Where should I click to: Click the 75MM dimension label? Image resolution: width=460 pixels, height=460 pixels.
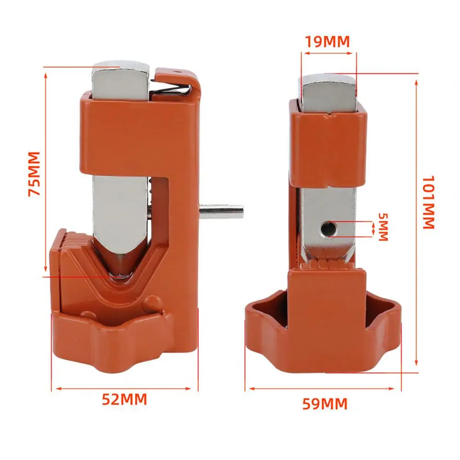[34, 173]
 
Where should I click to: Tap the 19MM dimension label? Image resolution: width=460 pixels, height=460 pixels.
[328, 41]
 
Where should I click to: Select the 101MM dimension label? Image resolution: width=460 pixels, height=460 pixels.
[428, 202]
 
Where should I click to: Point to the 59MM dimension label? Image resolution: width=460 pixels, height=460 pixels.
[324, 404]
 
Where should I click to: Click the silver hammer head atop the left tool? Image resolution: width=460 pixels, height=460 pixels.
[120, 81]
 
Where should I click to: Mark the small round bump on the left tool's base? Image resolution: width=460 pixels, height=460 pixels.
[149, 304]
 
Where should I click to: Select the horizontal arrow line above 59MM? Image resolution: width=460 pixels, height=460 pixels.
[322, 389]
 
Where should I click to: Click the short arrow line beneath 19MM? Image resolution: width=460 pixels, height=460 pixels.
[329, 54]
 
